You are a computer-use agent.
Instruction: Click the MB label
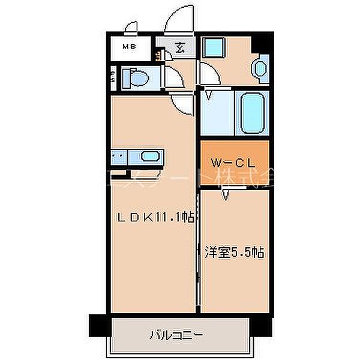tap(129, 46)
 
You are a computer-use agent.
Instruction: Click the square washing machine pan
tap(212, 47)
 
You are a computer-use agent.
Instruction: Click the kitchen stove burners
tap(118, 158)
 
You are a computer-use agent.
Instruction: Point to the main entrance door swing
tap(178, 18)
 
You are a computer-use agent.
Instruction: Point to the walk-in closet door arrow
tap(226, 194)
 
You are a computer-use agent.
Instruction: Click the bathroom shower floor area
tap(217, 114)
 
